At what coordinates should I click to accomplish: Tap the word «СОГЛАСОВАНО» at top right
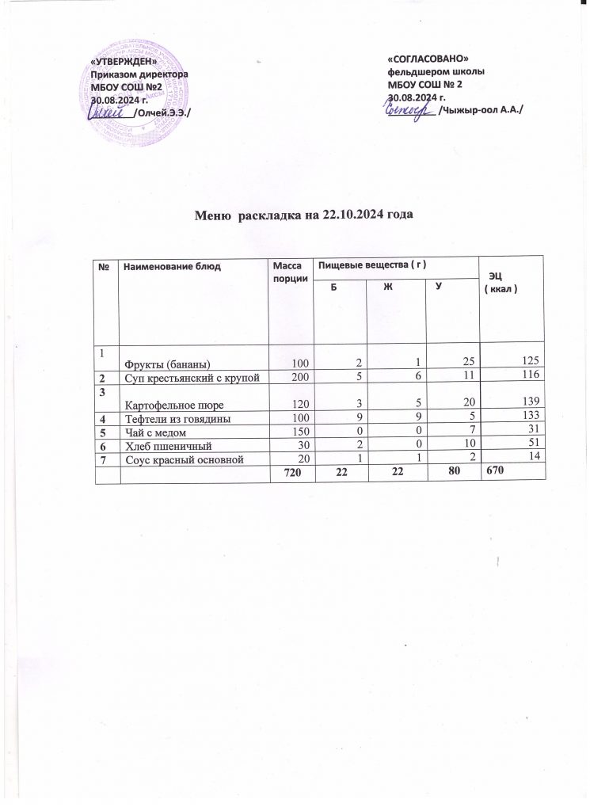click(x=428, y=59)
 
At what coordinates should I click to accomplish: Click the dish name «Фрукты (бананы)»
click(x=166, y=364)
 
